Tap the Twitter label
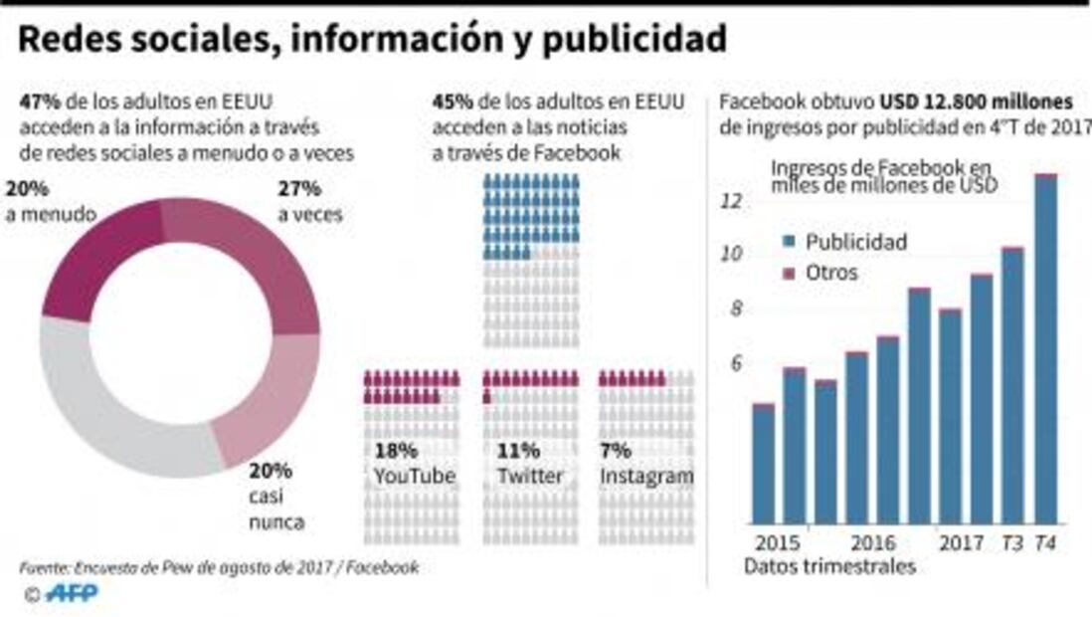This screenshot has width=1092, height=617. pos(529,477)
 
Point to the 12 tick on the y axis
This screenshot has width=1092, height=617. pos(731,201)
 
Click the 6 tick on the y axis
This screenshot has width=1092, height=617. pos(736,364)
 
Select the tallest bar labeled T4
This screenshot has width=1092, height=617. pos(1045,348)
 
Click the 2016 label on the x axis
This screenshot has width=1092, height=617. pos(871,543)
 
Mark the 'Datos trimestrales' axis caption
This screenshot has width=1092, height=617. pos(828,567)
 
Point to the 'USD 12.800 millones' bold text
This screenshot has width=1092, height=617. pos(975,103)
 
